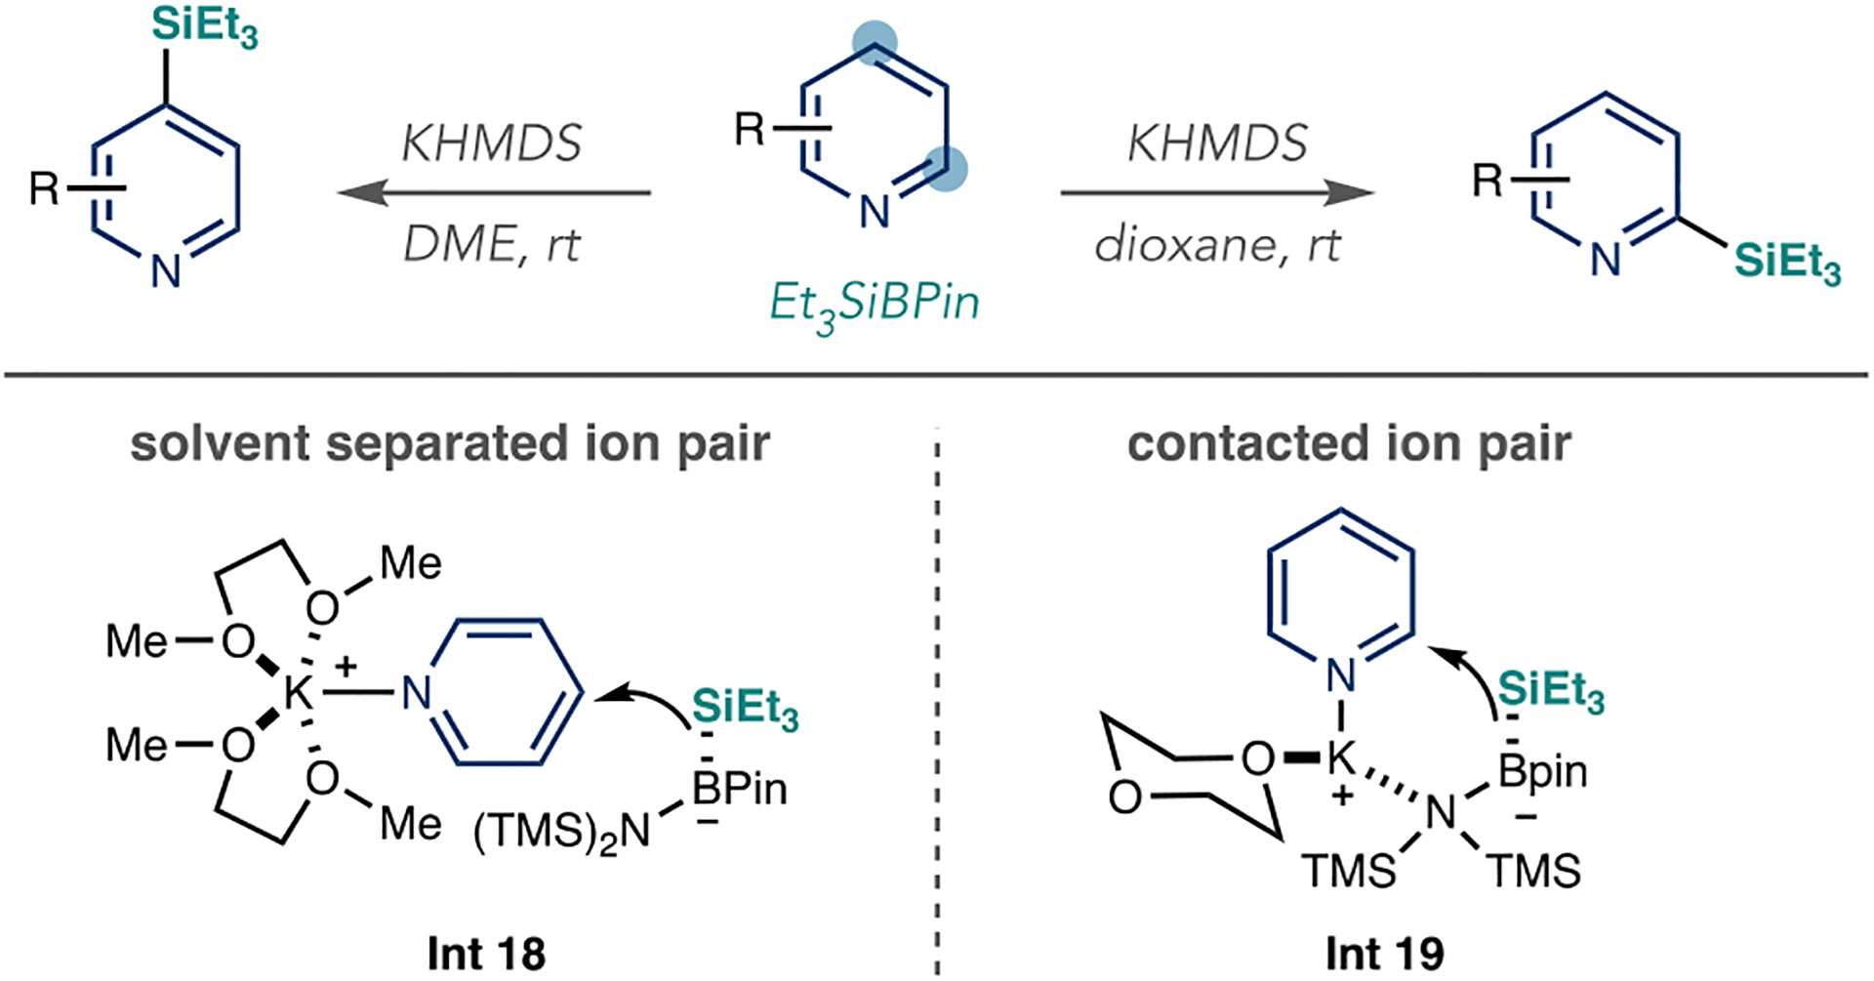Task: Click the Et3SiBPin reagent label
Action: (x=874, y=304)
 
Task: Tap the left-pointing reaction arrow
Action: (x=494, y=192)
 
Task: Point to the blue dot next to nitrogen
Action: (x=944, y=168)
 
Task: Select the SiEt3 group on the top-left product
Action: (x=205, y=27)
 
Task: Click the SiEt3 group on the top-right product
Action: (x=1787, y=264)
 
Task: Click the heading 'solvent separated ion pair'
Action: (x=450, y=443)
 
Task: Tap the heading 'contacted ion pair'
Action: (x=1349, y=443)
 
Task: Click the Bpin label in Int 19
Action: (x=1542, y=772)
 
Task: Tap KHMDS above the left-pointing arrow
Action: (x=492, y=143)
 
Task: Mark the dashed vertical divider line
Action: (x=937, y=703)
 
